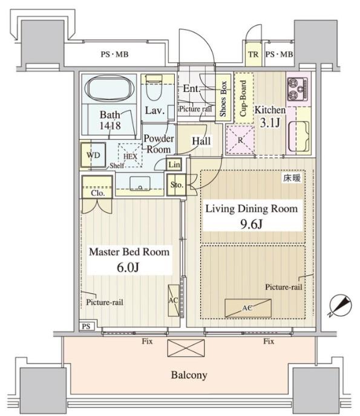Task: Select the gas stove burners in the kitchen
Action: pos(298,89)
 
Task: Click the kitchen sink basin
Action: pos(299,136)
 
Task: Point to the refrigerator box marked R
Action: pos(240,140)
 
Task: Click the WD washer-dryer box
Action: pos(93,155)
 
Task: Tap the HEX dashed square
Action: pos(130,155)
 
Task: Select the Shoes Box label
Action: pos(223,99)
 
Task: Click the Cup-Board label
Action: pos(243,99)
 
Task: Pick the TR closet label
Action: pos(253,54)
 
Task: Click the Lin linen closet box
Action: pos(174,164)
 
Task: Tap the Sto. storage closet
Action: pos(176,185)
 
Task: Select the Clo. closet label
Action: pos(97,193)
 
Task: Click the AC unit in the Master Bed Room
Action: pos(174,301)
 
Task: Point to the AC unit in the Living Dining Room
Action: pos(248,308)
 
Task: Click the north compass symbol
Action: pos(341,305)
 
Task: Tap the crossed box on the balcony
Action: pos(186,348)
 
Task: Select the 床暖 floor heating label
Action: pos(292,178)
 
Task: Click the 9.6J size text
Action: pos(252,224)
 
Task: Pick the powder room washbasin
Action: pos(140,184)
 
